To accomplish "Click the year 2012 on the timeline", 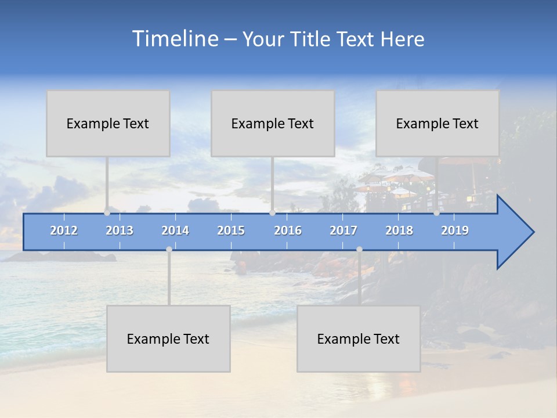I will click(x=64, y=230).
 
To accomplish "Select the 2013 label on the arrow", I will click(x=120, y=230).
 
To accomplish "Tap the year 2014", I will click(x=175, y=230).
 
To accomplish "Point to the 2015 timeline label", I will click(x=231, y=230).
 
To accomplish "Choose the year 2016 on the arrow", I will click(x=288, y=230).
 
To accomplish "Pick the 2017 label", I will click(x=343, y=230).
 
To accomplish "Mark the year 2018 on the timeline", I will click(x=399, y=230).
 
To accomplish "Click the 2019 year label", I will click(x=455, y=230).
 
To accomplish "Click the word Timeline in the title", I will click(x=175, y=39).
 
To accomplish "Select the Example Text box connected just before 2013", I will click(x=108, y=123).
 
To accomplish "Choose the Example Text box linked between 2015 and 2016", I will click(x=273, y=123).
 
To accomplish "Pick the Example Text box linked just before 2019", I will click(x=437, y=123).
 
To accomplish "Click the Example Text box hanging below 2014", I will click(x=168, y=338).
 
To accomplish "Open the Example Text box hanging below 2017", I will click(x=359, y=338).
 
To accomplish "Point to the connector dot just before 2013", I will click(x=107, y=212).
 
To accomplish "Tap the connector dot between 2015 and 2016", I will click(x=272, y=212).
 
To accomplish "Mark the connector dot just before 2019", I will click(x=436, y=212).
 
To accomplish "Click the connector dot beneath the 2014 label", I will click(x=169, y=249).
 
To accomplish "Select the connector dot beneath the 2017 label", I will click(x=359, y=249).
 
